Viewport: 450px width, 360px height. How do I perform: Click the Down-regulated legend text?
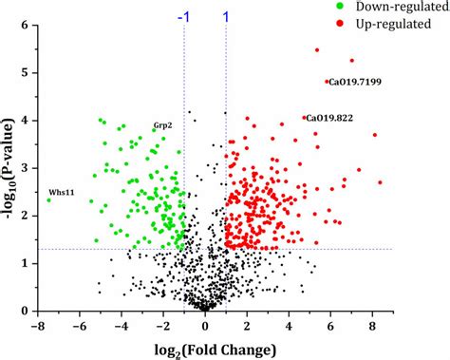[392, 9]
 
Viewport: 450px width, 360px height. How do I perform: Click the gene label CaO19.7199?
[356, 83]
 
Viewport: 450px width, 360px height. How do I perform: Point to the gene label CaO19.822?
[330, 118]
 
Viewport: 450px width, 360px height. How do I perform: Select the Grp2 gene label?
[162, 125]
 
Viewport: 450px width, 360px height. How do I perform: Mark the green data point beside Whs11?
[48, 199]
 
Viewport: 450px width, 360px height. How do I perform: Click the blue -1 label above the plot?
[183, 16]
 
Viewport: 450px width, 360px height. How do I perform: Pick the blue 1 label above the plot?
[226, 16]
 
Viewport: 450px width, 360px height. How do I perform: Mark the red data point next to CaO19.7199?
[327, 82]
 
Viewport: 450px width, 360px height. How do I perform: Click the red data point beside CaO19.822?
[304, 118]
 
